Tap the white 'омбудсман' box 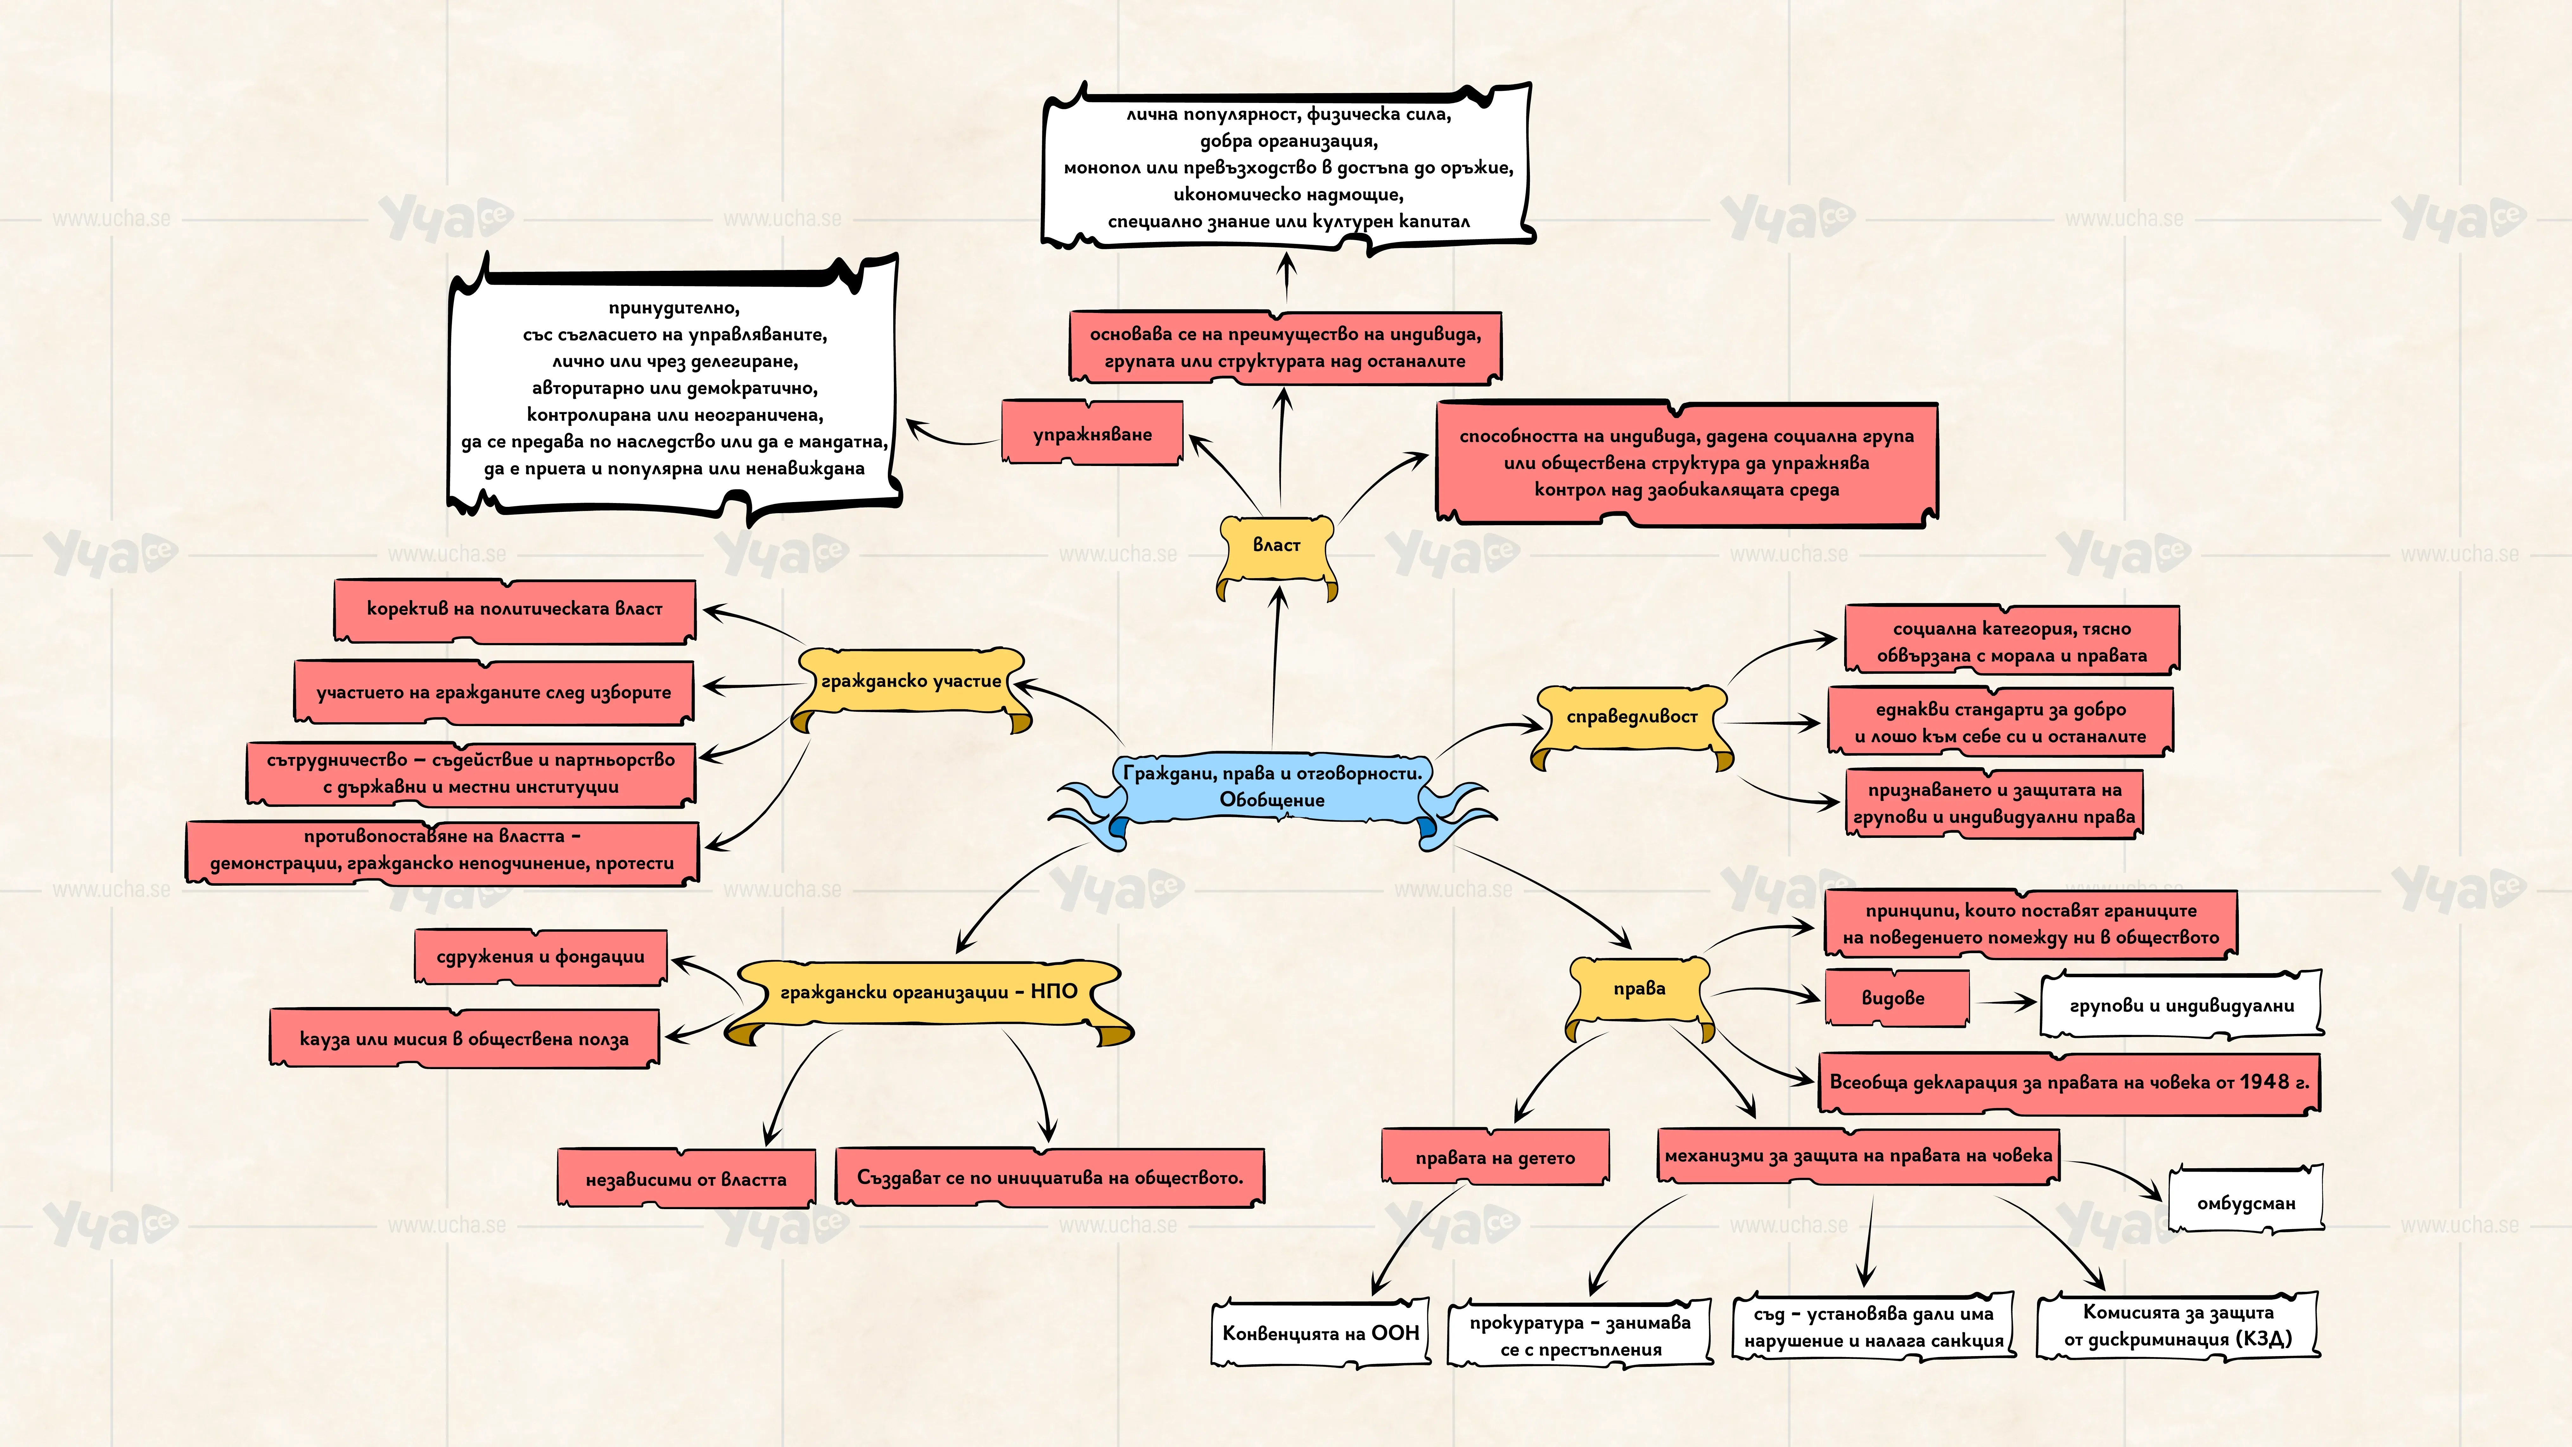pyautogui.click(x=2246, y=1201)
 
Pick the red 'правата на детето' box pyautogui.click(x=1495, y=1157)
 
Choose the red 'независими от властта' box pyautogui.click(x=686, y=1178)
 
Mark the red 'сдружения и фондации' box pyautogui.click(x=540, y=956)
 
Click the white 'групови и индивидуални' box pyautogui.click(x=2182, y=1004)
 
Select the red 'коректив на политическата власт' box pyautogui.click(x=514, y=609)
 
